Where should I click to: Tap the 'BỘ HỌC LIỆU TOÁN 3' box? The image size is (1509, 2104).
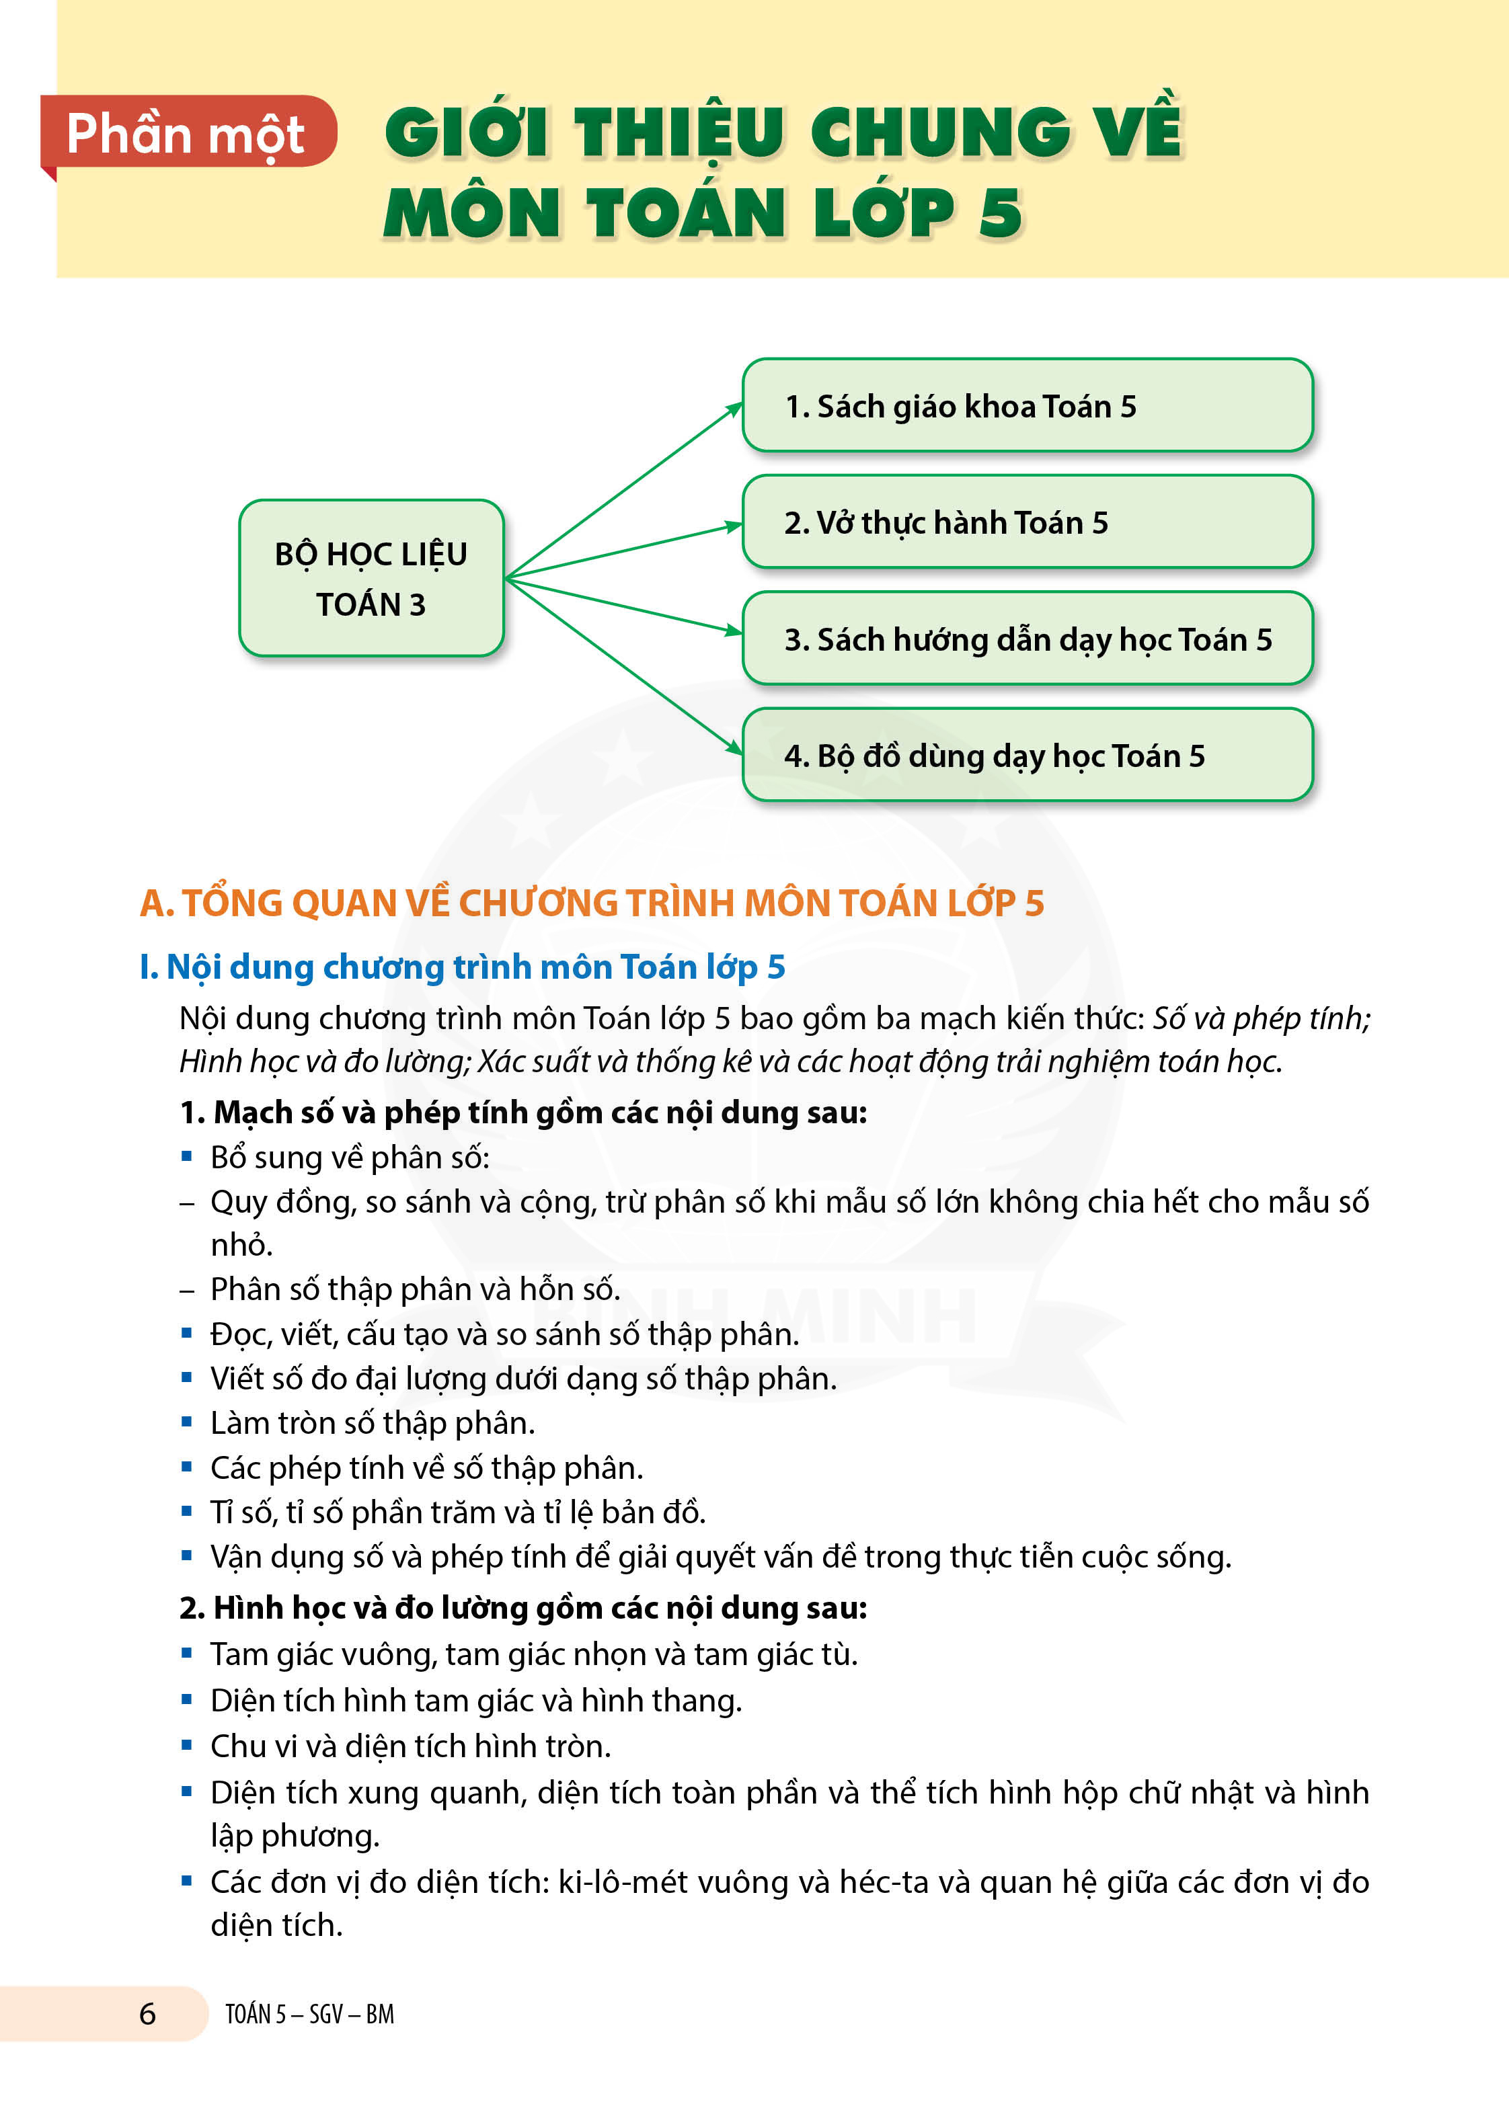tap(371, 578)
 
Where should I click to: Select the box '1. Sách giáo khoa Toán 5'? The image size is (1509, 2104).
tap(1028, 406)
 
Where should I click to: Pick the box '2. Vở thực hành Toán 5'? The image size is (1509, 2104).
tap(1028, 522)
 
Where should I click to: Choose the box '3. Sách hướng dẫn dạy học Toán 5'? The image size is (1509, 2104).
tap(1028, 639)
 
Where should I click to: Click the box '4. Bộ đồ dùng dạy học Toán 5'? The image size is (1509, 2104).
tap(1028, 755)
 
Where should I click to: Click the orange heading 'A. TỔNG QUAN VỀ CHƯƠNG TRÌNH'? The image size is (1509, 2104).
tap(592, 903)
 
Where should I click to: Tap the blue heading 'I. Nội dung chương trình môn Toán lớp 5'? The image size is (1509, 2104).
tap(462, 967)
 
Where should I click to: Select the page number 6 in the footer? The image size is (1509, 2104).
tap(147, 2013)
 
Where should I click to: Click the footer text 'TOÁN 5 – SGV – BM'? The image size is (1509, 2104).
tap(309, 2014)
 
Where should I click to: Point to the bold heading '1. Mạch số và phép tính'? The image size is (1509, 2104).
tap(523, 1112)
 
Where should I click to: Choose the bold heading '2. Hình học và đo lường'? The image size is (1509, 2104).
tap(523, 1608)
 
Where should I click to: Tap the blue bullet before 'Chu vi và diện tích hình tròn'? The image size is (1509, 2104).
tap(186, 1745)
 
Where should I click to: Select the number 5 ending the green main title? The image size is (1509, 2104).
tap(1001, 212)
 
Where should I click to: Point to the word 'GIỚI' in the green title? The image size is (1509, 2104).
tap(466, 132)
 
